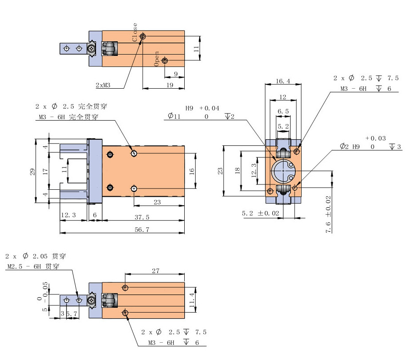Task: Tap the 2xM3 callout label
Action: coord(104,85)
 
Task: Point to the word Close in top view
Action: coord(135,32)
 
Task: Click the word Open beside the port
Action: coord(156,59)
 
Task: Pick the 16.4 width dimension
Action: coord(283,81)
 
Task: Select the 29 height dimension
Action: coord(32,171)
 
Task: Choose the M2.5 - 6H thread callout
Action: coord(27,266)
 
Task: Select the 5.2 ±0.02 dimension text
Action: coord(261,214)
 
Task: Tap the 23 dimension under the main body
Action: coord(157,202)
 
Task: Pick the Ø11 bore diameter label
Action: coord(174,116)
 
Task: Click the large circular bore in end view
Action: coord(283,171)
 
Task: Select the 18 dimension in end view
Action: coord(237,170)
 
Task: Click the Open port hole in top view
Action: coord(165,60)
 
